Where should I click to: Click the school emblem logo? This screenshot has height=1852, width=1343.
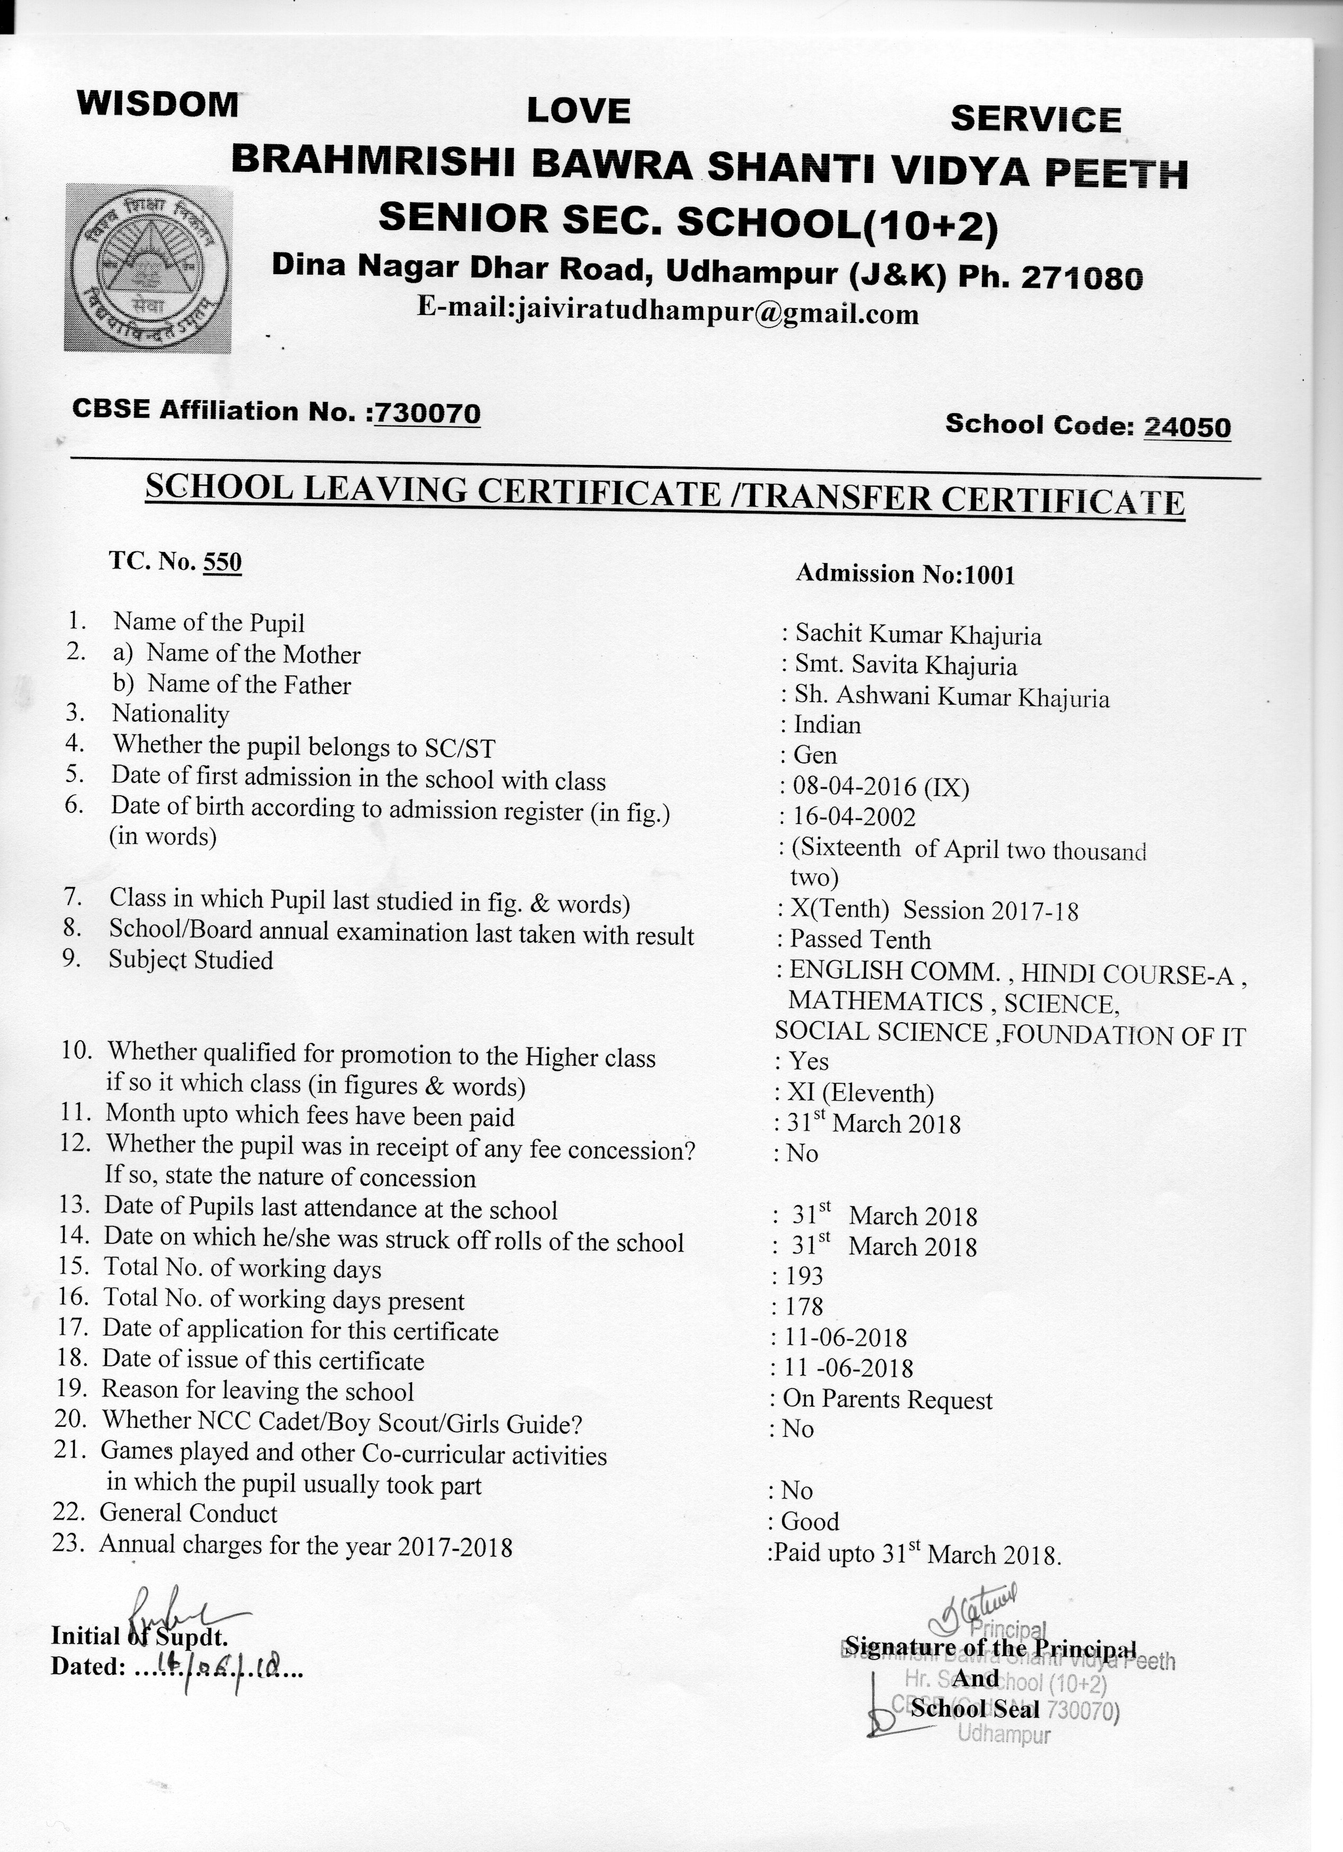(148, 267)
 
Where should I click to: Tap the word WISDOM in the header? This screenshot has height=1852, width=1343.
(157, 104)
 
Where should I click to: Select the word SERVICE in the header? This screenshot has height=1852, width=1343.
(1035, 119)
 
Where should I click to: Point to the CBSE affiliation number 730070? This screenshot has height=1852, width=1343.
(427, 413)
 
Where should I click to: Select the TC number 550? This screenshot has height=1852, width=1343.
(222, 562)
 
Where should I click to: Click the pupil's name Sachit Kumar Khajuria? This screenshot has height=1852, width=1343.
(918, 635)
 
